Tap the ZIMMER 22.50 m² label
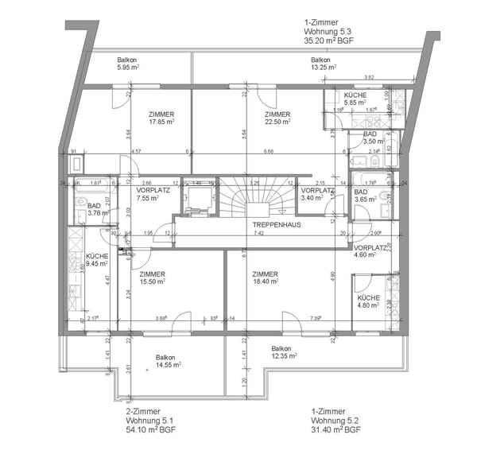click(x=278, y=118)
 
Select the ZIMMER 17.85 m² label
click(x=161, y=118)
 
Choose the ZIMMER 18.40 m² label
click(x=265, y=278)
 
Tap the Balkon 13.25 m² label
click(x=320, y=64)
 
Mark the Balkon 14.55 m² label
click(x=167, y=361)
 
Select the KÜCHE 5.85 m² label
click(x=355, y=99)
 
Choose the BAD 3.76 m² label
click(x=97, y=209)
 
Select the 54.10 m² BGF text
click(x=151, y=430)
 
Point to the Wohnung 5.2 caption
click(x=334, y=420)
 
